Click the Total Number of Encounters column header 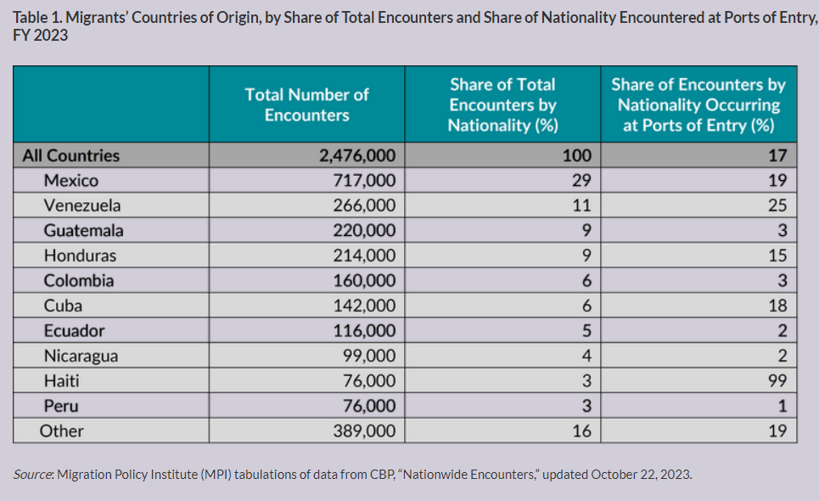coord(306,104)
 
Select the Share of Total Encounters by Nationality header coord(502,105)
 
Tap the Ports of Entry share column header coord(698,105)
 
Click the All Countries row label coord(71,155)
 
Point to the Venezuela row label coord(82,205)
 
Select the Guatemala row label coord(83,230)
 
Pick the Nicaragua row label coord(81,356)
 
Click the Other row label coord(61,431)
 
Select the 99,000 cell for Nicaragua coord(367,356)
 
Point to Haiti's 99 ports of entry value coord(777,380)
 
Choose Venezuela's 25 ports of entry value coord(777,205)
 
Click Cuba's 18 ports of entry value coord(777,306)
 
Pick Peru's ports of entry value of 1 coord(783,406)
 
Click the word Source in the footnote coord(32,475)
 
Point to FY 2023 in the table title coord(40,37)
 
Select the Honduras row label coord(80,256)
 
